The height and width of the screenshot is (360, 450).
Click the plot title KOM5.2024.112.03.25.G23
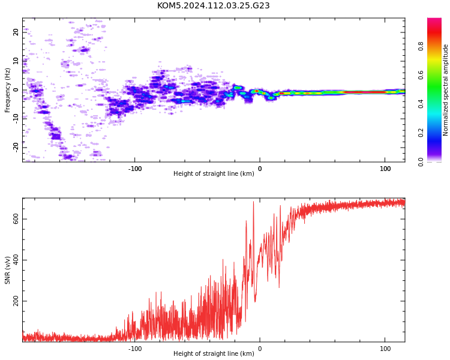click(x=213, y=5)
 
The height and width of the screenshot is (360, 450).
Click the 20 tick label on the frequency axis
click(x=16, y=32)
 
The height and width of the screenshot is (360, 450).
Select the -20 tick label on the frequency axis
click(x=16, y=148)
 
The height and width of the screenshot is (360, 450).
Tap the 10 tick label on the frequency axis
click(x=16, y=61)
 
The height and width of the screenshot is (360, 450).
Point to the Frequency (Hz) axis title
click(x=7, y=90)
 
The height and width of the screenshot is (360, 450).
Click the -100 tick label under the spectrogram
click(x=134, y=169)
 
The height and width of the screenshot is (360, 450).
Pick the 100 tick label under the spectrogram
click(x=385, y=169)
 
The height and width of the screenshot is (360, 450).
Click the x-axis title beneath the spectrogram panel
click(x=214, y=173)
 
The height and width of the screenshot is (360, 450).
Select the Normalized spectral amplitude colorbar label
click(x=445, y=90)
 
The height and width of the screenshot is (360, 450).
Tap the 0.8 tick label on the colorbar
click(x=421, y=46)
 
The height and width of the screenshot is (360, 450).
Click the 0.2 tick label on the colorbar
click(x=421, y=133)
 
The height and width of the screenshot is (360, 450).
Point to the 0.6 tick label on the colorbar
click(x=421, y=75)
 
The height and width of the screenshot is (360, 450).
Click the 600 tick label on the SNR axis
click(x=16, y=219)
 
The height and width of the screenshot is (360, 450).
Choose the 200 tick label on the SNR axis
click(x=16, y=301)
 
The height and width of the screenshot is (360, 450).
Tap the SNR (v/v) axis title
click(x=7, y=270)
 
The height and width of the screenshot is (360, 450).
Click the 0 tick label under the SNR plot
click(x=260, y=349)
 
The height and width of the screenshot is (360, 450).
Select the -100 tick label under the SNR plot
click(x=134, y=349)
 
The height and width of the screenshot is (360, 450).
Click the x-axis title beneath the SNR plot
click(x=214, y=353)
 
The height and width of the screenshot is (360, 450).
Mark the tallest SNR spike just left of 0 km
click(x=253, y=202)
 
